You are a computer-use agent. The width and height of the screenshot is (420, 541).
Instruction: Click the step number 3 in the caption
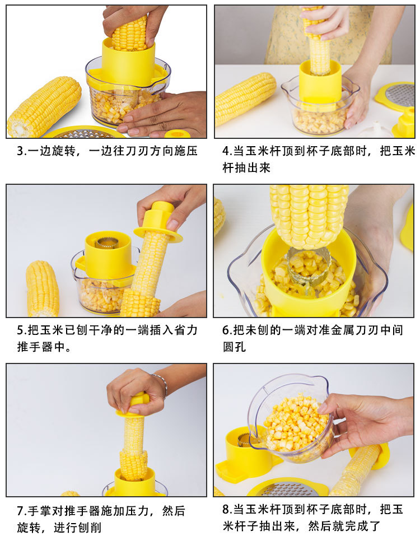20,151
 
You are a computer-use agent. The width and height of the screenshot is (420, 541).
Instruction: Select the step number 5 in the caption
20,330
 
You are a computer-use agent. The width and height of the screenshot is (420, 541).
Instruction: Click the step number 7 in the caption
20,511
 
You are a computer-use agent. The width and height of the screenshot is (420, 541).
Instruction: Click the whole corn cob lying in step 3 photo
44,106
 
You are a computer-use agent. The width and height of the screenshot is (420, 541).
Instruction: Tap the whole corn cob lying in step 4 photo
245,98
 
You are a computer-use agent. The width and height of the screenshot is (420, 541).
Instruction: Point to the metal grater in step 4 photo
400,95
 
